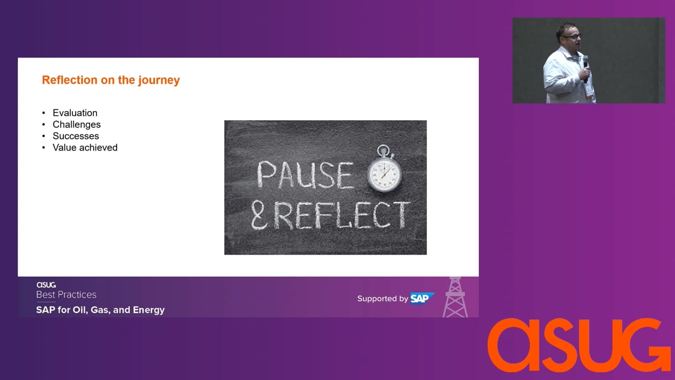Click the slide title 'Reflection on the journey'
(x=111, y=80)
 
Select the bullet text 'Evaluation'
(x=75, y=113)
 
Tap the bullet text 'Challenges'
(x=76, y=125)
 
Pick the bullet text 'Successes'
(x=75, y=136)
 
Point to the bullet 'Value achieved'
(x=85, y=147)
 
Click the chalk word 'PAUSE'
(x=305, y=175)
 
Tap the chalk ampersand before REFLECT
(x=259, y=215)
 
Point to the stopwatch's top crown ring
(x=383, y=150)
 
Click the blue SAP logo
(x=422, y=299)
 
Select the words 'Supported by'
(x=382, y=299)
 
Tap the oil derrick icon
(x=455, y=297)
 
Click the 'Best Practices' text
(x=66, y=294)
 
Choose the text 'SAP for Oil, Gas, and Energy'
(x=100, y=310)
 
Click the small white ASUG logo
(x=46, y=285)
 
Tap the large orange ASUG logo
(x=578, y=345)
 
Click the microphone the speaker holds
(x=585, y=69)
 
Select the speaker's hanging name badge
(x=589, y=90)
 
